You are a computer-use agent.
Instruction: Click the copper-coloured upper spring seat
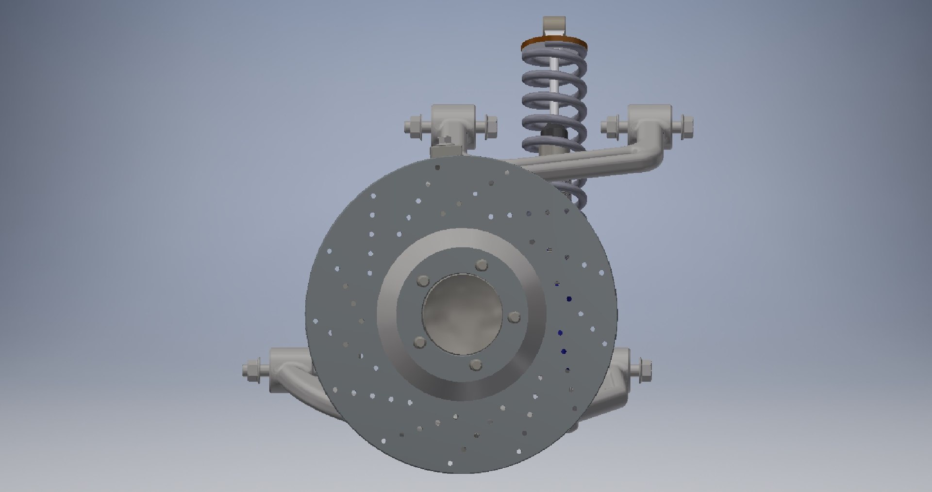tap(554, 43)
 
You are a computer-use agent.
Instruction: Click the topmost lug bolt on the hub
tap(481, 265)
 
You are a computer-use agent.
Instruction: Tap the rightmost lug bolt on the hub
tap(513, 317)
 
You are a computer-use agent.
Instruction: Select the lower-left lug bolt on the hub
tap(419, 343)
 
